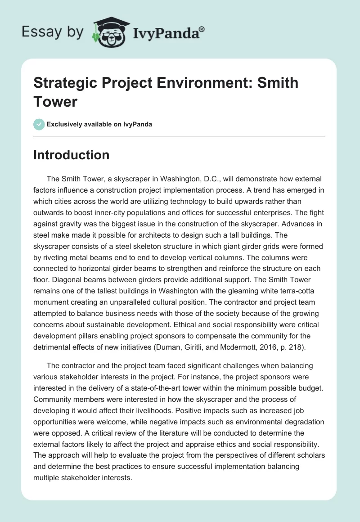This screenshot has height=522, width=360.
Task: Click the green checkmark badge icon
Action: [39, 124]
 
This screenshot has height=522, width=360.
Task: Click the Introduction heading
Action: [71, 155]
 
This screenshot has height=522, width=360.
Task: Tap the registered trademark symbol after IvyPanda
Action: [202, 29]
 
